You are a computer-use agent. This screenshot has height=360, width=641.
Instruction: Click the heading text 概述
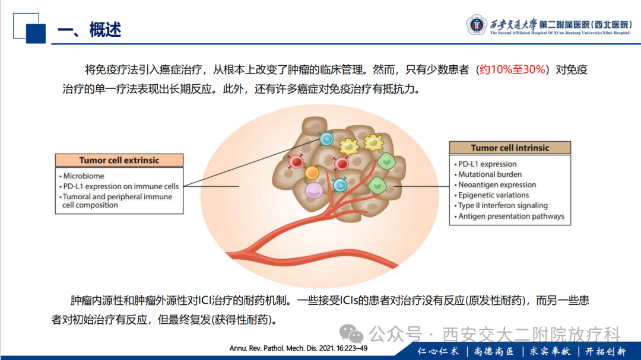[x=105, y=30]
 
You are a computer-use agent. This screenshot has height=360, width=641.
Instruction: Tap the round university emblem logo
[x=476, y=25]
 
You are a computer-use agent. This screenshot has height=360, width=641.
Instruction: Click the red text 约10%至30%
[x=513, y=69]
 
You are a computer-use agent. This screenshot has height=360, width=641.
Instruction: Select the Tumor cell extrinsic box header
[x=119, y=160]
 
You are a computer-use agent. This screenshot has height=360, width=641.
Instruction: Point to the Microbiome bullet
[x=82, y=176]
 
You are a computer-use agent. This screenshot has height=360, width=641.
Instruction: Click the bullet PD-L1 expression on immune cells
[x=119, y=186]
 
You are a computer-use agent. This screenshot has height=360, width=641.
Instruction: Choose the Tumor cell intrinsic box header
[x=510, y=148]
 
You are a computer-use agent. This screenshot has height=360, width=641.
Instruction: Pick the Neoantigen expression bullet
[x=495, y=184]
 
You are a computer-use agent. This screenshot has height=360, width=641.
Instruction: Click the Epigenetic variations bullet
[x=491, y=195]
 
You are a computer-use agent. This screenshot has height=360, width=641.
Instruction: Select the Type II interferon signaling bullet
[x=501, y=206]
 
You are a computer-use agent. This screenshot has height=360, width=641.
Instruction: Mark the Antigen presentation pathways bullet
[x=509, y=216]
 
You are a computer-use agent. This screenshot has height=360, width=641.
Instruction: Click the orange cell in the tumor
[x=312, y=173]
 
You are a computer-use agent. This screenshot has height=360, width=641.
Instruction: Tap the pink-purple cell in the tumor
[x=314, y=190]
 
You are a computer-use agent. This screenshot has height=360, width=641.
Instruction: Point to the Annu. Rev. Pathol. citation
[x=299, y=349]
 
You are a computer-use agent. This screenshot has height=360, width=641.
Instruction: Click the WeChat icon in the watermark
[x=351, y=334]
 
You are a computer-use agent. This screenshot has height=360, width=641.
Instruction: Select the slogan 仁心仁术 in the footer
[x=438, y=352]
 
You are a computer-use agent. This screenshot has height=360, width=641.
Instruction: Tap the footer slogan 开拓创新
[x=606, y=352]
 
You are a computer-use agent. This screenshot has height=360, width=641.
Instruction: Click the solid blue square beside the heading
[x=36, y=34]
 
